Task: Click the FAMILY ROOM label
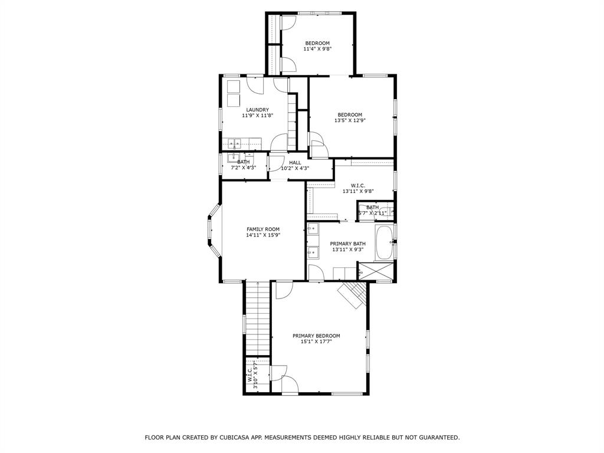pos(263,229)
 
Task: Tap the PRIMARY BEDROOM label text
pos(316,336)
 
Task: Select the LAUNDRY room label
pos(258,110)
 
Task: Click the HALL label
pos(295,162)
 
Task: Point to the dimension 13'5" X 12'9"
pos(350,120)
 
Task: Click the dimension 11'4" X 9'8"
pos(317,49)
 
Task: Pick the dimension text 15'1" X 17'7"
pos(316,342)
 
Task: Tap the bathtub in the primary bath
pos(384,242)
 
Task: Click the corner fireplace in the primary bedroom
pos(352,294)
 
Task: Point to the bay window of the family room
pos(213,230)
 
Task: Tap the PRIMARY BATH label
pos(347,244)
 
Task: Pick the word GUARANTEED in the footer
pos(437,438)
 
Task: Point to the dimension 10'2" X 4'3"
pos(295,168)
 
